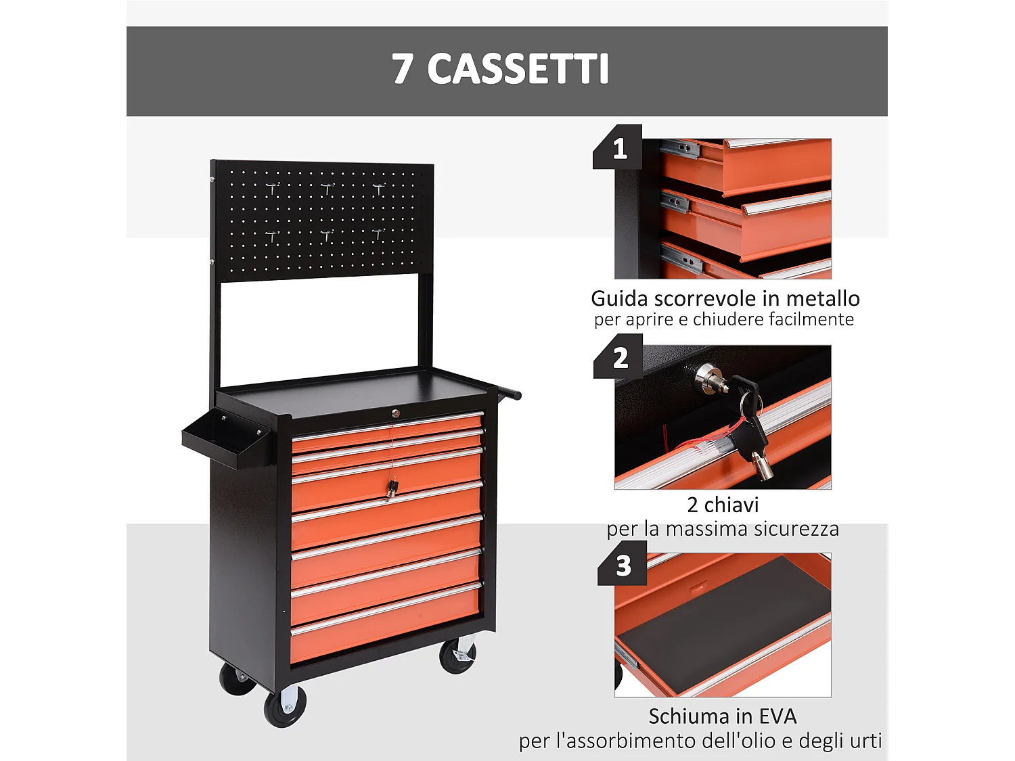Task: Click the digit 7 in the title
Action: click(x=402, y=70)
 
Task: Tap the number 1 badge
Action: click(x=619, y=149)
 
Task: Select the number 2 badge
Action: click(x=620, y=358)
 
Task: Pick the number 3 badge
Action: click(x=623, y=566)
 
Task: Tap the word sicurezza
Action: click(x=796, y=528)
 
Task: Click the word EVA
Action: click(x=777, y=716)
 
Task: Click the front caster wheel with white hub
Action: click(x=285, y=706)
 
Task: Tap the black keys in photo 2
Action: click(x=748, y=413)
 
